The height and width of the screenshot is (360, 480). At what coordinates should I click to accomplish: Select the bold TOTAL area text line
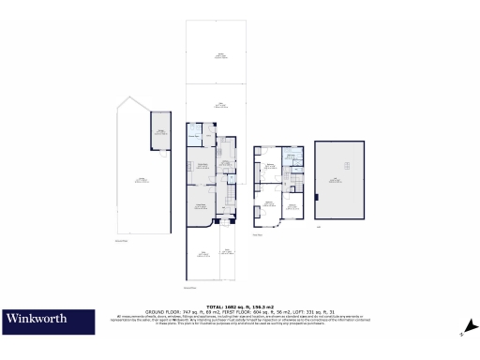point(239,306)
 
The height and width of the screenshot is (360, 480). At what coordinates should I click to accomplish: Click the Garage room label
point(160,133)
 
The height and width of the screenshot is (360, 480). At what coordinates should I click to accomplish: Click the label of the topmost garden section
point(221,56)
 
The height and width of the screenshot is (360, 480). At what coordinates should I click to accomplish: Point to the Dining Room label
point(201,167)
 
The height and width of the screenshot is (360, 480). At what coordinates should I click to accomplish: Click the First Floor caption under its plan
point(260,235)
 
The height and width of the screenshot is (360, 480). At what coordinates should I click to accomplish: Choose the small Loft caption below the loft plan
point(320,226)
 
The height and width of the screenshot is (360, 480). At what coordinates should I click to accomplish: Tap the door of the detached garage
point(160,149)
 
